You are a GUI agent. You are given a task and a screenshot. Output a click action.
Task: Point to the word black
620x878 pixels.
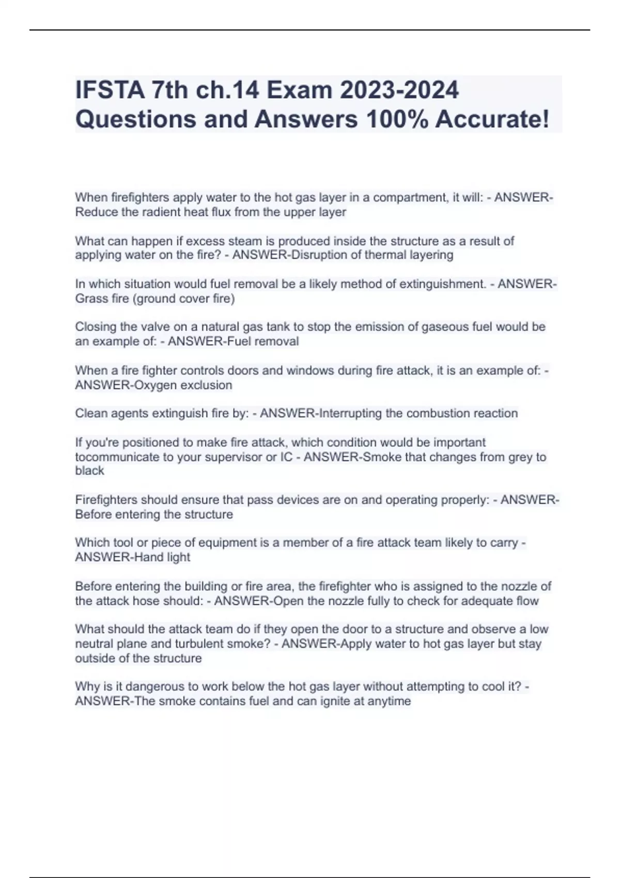89,471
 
